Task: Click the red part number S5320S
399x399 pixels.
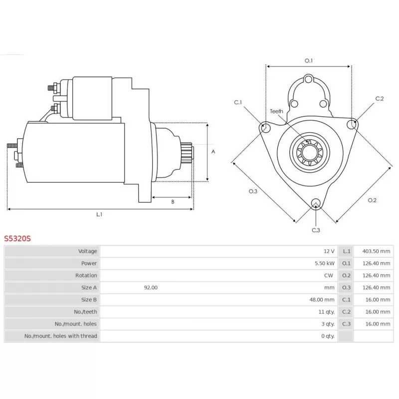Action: coord(17,239)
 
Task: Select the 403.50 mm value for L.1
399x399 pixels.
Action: coord(376,251)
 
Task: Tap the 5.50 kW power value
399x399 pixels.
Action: coord(325,263)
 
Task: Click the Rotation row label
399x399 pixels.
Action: coord(86,275)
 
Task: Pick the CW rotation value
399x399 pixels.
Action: coord(329,275)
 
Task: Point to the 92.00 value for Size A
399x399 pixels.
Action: coord(151,288)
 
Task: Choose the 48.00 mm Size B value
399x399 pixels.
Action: coord(322,300)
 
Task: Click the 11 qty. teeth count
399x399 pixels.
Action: coord(327,312)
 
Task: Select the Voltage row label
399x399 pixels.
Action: coord(88,251)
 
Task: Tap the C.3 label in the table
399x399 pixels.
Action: coord(346,324)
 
